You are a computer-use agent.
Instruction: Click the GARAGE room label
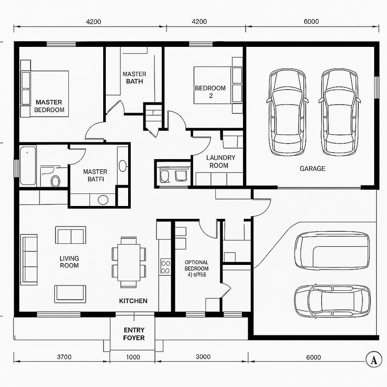pyautogui.click(x=312, y=169)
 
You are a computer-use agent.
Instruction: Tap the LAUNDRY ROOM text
pyautogui.click(x=220, y=162)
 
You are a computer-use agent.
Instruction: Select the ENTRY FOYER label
pyautogui.click(x=134, y=334)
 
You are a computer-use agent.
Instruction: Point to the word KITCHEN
pyautogui.click(x=133, y=301)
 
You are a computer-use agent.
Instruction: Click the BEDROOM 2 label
pyautogui.click(x=210, y=92)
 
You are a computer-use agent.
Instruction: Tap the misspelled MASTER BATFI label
pyautogui.click(x=95, y=175)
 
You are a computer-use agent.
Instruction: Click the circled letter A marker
pyautogui.click(x=374, y=359)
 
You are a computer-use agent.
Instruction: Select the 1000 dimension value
pyautogui.click(x=133, y=357)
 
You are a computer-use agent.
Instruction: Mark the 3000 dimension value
pyautogui.click(x=203, y=357)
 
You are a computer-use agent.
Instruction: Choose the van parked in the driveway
pyautogui.click(x=332, y=250)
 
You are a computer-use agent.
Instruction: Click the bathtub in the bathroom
pyautogui.click(x=28, y=166)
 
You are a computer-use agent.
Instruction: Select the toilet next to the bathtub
pyautogui.click(x=55, y=181)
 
